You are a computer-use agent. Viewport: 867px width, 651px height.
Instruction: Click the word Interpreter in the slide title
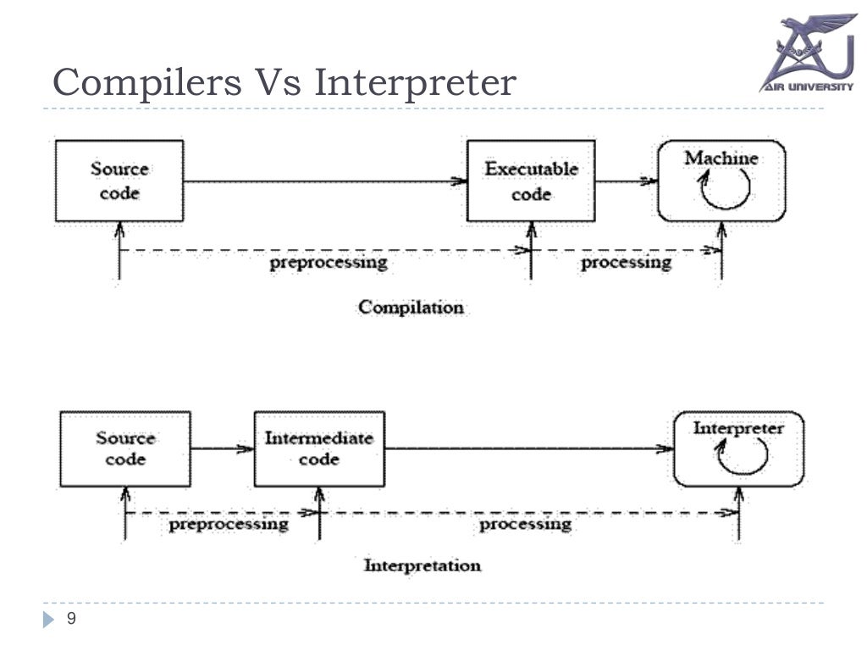click(414, 83)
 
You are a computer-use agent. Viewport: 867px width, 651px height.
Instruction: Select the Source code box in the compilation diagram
click(119, 181)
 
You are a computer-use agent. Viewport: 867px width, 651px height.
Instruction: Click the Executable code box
click(531, 181)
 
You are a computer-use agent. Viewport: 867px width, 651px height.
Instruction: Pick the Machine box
click(721, 181)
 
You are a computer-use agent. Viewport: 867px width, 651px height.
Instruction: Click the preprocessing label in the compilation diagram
click(329, 263)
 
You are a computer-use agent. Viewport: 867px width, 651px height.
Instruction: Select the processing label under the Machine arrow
click(626, 263)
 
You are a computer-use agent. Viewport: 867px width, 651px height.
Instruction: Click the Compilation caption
click(411, 307)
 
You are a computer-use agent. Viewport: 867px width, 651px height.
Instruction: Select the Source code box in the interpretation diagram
click(125, 449)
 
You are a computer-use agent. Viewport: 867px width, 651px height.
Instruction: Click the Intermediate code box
click(319, 449)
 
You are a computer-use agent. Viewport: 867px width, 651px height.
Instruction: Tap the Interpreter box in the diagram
click(738, 449)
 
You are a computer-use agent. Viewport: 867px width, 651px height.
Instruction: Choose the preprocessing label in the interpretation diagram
click(229, 525)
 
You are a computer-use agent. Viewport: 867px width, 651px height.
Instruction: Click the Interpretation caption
click(422, 565)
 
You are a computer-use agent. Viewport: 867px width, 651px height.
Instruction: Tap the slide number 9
click(71, 620)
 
